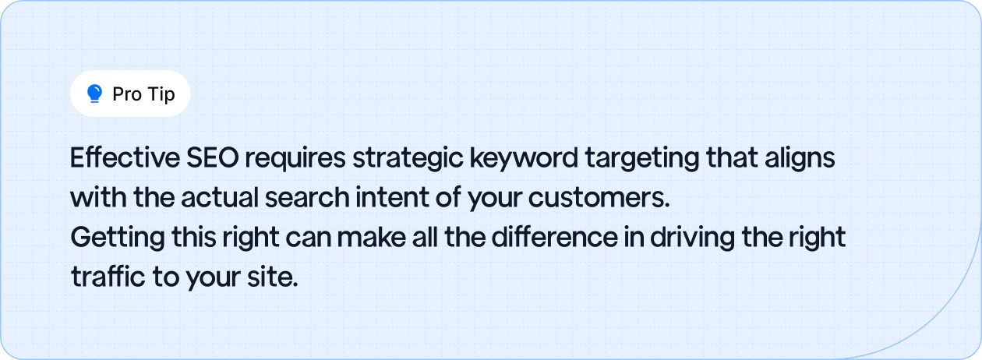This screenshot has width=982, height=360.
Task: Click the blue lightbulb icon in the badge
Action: [x=94, y=94]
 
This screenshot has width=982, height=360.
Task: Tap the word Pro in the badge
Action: [x=126, y=94]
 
